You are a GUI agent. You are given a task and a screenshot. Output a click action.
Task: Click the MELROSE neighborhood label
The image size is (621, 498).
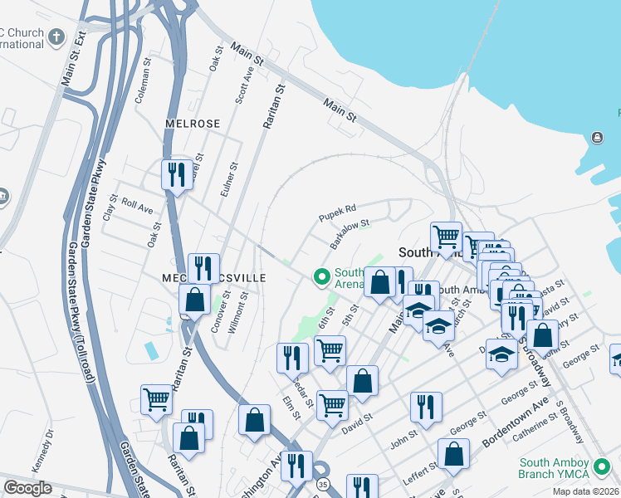192,124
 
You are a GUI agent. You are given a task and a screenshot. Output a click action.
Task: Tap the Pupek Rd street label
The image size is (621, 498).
338,212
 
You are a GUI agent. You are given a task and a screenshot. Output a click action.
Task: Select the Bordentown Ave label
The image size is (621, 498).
516,422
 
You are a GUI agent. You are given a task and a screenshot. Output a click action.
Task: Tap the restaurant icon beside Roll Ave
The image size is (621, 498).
176,174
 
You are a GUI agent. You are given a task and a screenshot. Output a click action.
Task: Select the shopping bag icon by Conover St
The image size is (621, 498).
194,300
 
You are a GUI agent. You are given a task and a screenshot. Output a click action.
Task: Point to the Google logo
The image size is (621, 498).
27,488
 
